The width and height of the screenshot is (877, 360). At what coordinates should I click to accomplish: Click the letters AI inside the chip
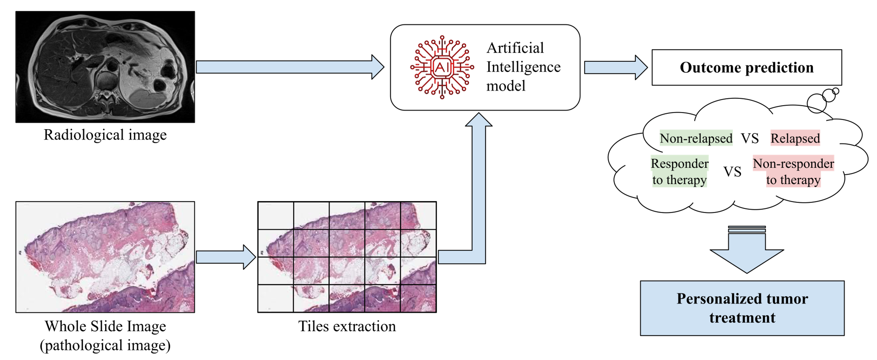(442, 67)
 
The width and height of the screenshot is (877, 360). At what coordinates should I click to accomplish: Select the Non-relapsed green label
(696, 138)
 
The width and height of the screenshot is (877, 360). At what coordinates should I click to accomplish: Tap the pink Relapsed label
(795, 138)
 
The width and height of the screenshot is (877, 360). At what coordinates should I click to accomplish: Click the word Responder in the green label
(679, 164)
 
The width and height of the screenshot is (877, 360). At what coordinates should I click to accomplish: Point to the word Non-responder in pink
(793, 164)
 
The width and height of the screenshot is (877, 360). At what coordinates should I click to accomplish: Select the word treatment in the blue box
(742, 318)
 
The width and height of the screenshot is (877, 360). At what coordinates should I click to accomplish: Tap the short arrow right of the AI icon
(614, 67)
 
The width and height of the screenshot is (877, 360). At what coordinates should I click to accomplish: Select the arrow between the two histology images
(225, 257)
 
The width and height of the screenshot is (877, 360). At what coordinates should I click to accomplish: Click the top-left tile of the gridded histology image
(276, 216)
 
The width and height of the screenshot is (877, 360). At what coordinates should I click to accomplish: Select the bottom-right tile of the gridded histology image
(418, 298)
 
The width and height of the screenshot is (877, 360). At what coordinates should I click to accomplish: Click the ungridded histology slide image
(105, 257)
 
